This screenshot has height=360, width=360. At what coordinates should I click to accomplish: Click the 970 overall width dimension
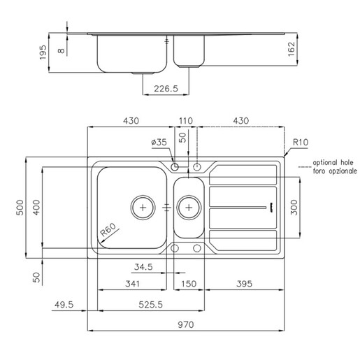coord(186,324)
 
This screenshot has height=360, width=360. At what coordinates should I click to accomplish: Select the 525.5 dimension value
coord(150,305)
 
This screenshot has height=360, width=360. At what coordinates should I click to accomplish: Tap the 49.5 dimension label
coord(64,305)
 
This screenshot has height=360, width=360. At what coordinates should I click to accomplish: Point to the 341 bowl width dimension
coord(132,284)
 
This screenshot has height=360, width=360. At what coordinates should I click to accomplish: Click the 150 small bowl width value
coord(189,284)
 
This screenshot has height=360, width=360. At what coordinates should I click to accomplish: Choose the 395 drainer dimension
coord(244,284)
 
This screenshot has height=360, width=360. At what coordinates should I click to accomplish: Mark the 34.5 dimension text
coord(143,267)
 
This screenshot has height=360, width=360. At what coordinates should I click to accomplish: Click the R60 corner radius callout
coord(108,229)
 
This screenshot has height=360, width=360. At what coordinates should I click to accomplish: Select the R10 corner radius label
coord(301,142)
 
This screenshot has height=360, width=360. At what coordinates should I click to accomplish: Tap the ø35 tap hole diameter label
coord(159,142)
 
